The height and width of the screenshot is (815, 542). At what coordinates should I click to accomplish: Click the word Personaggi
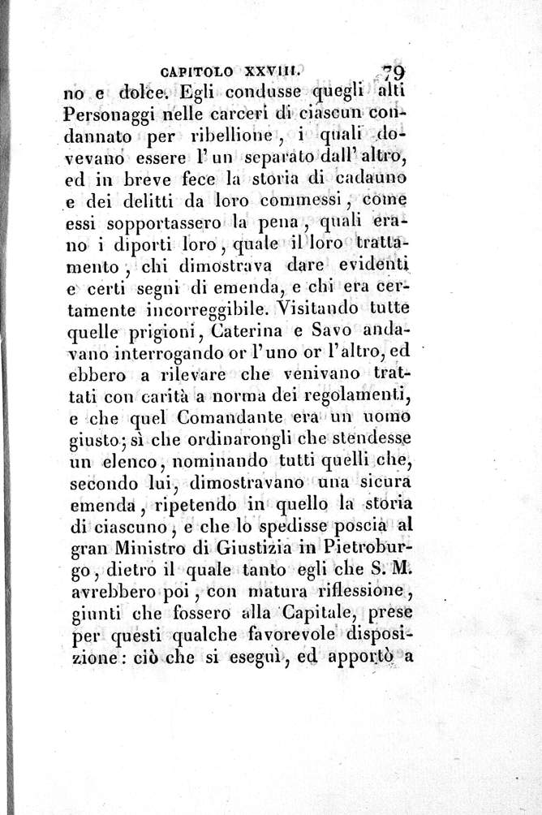point(110,115)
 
